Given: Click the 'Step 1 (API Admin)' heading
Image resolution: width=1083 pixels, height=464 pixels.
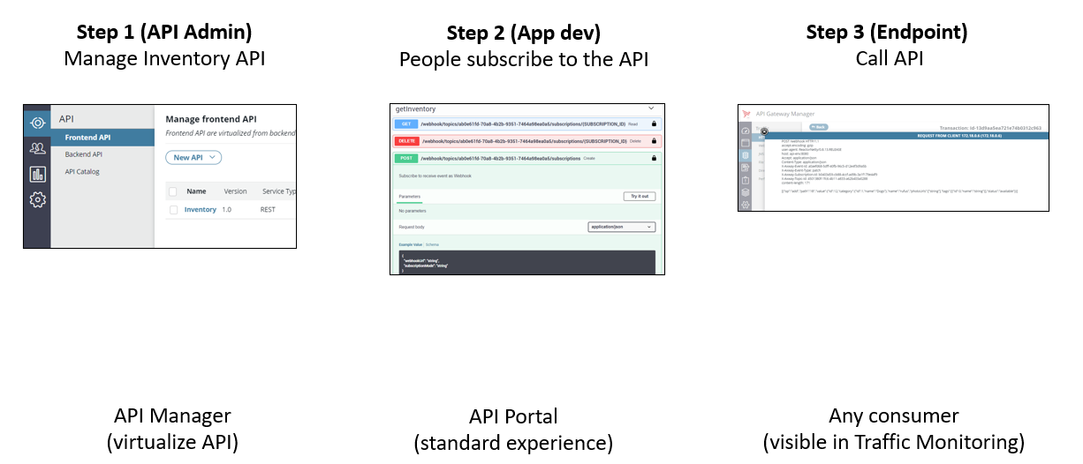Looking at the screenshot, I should pos(164,33).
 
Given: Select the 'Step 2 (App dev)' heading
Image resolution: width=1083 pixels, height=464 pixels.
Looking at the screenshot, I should pos(524,34).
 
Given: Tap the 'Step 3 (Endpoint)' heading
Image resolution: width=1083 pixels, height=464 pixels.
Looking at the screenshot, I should pos(886,33).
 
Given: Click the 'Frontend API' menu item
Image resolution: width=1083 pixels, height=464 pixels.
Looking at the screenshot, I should pos(87,138).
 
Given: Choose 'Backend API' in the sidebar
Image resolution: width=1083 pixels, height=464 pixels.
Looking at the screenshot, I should pos(84,154).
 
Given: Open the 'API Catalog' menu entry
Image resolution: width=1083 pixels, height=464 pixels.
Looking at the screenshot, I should pos(82,172).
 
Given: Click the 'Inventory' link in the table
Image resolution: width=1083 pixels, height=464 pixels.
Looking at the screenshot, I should pos(201,210).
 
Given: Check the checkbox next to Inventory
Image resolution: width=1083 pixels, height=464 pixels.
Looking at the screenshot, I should pos(174,210).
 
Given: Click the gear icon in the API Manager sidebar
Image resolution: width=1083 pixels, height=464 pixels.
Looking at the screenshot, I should pos(37,200).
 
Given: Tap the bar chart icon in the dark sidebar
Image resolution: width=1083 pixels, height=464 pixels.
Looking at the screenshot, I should pos(37,175).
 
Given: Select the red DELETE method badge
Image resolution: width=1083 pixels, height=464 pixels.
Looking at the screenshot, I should pos(405,141).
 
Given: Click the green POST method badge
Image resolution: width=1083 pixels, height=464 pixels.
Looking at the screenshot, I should pos(405,158).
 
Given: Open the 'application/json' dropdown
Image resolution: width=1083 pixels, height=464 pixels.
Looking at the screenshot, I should pos(621,227).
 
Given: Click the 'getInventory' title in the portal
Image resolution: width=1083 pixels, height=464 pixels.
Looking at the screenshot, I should pos(416,109).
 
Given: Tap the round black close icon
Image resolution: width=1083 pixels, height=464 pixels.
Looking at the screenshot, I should pos(765,131).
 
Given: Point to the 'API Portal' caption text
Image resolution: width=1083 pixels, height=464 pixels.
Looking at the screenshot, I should pos(513,416).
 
